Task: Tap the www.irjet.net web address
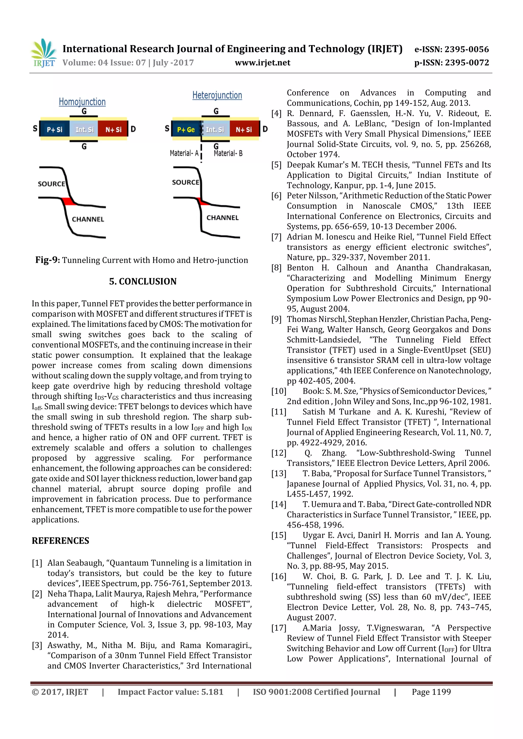pyautogui.click(x=262, y=63)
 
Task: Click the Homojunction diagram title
pyautogui.click(x=82, y=102)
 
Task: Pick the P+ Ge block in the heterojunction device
pyautogui.click(x=186, y=130)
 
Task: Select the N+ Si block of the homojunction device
pyautogui.click(x=113, y=130)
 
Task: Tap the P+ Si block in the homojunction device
pyautogui.click(x=54, y=130)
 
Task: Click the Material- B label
pyautogui.click(x=228, y=153)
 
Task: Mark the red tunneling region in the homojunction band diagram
pyautogui.click(x=69, y=202)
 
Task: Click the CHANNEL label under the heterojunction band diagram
pyautogui.click(x=222, y=218)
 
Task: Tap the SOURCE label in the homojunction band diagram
pyautogui.click(x=52, y=184)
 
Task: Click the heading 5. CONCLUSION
pyautogui.click(x=143, y=281)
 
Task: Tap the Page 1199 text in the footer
pyautogui.click(x=431, y=692)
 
